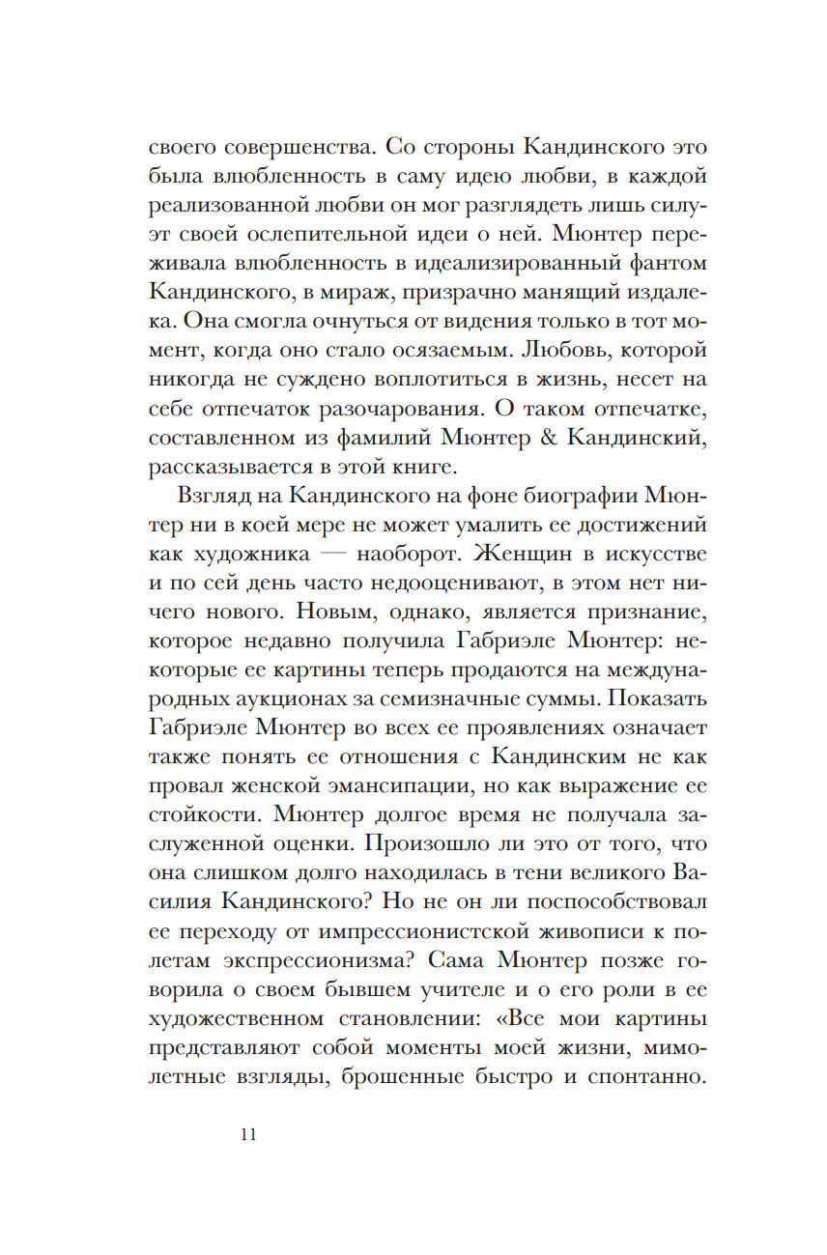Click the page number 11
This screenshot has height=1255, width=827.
click(248, 1134)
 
